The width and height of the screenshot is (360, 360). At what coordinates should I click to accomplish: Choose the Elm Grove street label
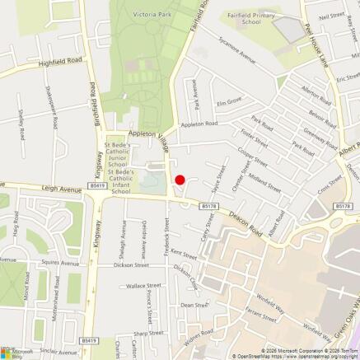pos(228,102)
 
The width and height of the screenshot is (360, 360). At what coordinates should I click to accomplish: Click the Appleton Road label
pos(199,124)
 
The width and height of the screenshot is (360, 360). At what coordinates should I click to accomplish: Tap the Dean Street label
pos(194,305)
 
